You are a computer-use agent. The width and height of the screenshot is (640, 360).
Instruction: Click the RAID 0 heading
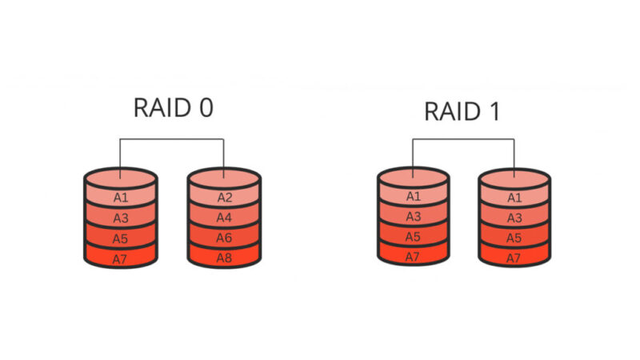(x=173, y=108)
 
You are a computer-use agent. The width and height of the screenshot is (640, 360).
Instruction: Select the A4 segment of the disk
(x=224, y=218)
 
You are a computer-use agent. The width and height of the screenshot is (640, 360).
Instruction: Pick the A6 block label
(x=224, y=238)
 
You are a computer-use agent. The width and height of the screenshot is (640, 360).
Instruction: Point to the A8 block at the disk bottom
(x=224, y=258)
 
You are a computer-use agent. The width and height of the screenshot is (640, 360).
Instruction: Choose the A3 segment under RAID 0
(x=121, y=218)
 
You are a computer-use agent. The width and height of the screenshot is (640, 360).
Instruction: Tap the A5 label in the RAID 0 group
(x=121, y=238)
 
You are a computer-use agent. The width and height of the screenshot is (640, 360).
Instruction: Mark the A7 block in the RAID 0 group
(x=121, y=258)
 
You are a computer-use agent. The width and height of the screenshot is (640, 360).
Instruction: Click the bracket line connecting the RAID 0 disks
(x=172, y=140)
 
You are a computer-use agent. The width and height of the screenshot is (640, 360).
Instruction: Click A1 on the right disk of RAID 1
(x=514, y=197)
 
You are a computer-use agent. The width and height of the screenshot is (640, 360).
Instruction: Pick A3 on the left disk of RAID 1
(x=413, y=217)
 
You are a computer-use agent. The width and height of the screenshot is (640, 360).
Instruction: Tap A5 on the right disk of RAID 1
(x=514, y=237)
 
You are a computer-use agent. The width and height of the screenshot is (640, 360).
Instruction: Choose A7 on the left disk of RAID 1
(x=413, y=257)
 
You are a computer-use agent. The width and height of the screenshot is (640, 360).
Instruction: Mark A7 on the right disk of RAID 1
(x=514, y=257)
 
